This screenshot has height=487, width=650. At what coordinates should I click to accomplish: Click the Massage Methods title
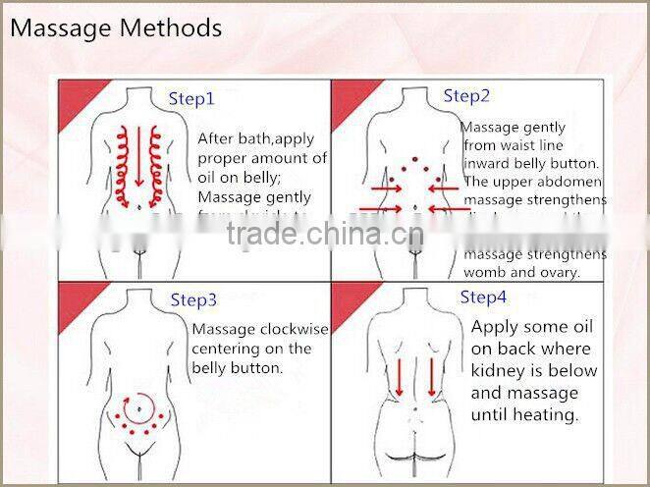click(x=115, y=27)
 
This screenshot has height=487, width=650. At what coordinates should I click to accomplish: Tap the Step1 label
click(x=191, y=99)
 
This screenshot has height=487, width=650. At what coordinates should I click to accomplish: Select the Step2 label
click(x=466, y=96)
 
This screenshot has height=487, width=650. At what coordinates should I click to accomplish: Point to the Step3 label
click(x=193, y=300)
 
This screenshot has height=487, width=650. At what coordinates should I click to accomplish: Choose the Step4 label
click(x=483, y=297)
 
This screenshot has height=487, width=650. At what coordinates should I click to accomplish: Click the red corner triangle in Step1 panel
click(x=75, y=94)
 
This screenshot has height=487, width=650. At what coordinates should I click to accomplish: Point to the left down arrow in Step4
click(x=400, y=376)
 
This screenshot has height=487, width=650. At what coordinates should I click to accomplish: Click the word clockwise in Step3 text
click(x=294, y=329)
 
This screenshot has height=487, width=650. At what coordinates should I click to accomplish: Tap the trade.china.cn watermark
click(x=324, y=236)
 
